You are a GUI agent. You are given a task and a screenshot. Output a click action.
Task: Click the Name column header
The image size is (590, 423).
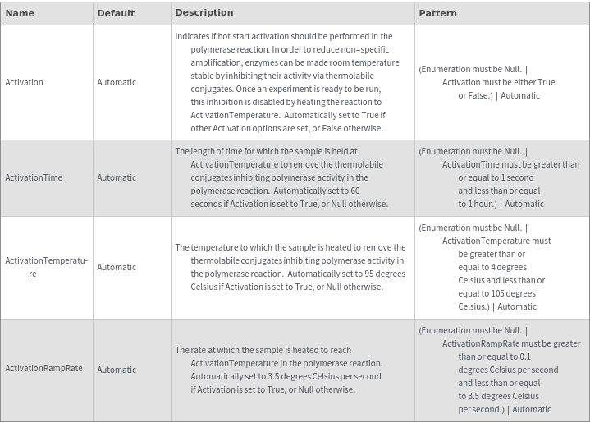(x=20, y=13)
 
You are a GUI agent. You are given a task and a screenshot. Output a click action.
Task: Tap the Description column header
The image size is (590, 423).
(x=204, y=12)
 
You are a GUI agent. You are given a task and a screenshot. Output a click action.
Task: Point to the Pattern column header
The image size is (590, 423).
(x=437, y=13)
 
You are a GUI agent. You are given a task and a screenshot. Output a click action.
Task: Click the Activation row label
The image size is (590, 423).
(x=25, y=82)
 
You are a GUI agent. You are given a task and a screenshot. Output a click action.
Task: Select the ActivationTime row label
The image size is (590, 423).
(x=34, y=177)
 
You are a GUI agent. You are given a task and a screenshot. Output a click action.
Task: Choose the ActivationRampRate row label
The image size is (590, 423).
(x=43, y=368)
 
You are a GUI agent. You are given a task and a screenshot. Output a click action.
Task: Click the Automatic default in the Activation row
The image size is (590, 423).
(x=117, y=82)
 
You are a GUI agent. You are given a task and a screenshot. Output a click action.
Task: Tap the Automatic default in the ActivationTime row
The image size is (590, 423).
(x=117, y=177)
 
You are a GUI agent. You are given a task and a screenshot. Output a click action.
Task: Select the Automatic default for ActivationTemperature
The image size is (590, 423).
(x=117, y=267)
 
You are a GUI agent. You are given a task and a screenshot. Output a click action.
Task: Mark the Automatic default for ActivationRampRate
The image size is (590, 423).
(x=117, y=370)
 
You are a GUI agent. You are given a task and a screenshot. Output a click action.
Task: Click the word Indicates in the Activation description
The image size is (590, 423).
(x=192, y=36)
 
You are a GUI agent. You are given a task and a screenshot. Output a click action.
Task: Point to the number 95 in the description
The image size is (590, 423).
(x=362, y=274)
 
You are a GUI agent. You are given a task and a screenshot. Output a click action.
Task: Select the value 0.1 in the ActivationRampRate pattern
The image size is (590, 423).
(x=525, y=356)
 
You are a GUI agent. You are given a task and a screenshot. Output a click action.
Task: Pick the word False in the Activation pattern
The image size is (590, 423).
(x=477, y=95)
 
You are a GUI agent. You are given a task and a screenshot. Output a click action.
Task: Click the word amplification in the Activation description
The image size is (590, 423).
(x=217, y=62)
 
